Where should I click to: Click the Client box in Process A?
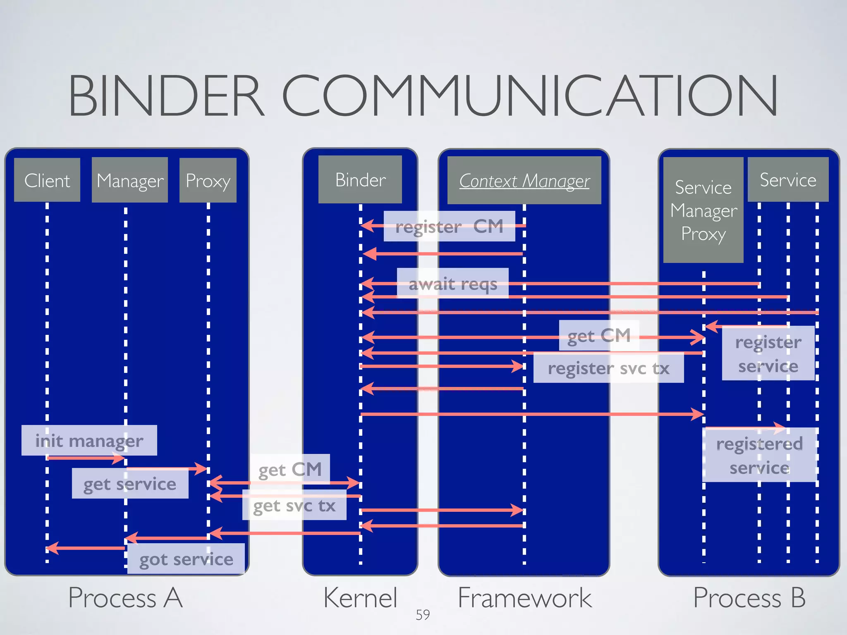(x=47, y=180)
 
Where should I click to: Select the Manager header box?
(x=129, y=180)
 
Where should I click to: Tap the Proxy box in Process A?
(x=208, y=180)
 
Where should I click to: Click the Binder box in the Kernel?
(x=360, y=180)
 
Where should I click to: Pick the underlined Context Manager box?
(x=524, y=181)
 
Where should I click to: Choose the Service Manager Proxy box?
(x=703, y=210)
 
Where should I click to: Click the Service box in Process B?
(x=788, y=180)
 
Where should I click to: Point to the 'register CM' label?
(x=449, y=226)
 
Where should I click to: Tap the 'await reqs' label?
(x=452, y=284)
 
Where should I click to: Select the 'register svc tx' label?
(x=608, y=368)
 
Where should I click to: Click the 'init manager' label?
(x=89, y=441)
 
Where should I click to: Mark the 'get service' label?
(x=130, y=484)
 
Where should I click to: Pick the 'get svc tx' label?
(x=294, y=505)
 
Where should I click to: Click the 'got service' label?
(x=186, y=559)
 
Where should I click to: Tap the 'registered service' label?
(x=759, y=455)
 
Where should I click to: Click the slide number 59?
(x=423, y=615)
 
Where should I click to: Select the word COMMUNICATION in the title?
(x=530, y=96)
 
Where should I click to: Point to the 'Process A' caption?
(x=125, y=598)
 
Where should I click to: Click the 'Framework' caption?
(x=524, y=598)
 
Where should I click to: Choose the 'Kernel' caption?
(x=360, y=598)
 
